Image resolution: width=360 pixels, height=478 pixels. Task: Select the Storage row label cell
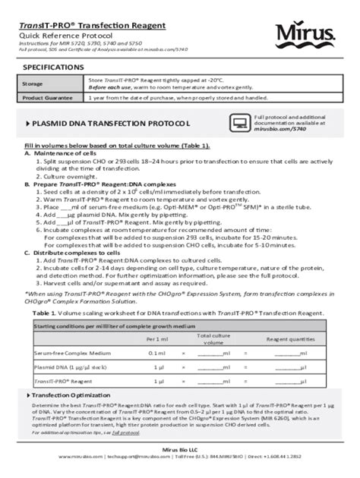pyautogui.click(x=33, y=83)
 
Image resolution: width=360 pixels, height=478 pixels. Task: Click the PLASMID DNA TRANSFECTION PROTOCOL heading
pyautogui.click(x=110, y=123)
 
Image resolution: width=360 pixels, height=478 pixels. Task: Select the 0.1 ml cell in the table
pyautogui.click(x=157, y=352)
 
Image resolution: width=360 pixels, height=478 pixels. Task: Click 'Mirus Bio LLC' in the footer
pyautogui.click(x=180, y=450)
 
